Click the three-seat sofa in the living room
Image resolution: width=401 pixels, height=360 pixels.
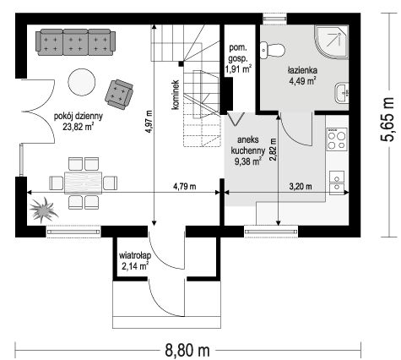(75, 42)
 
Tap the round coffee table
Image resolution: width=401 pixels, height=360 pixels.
(82, 82)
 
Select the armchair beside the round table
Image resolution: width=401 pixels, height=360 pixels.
(119, 94)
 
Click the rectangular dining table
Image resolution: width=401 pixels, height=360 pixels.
(83, 183)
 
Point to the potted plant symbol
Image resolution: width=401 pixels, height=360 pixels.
(44, 210)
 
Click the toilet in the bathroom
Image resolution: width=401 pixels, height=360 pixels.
(273, 51)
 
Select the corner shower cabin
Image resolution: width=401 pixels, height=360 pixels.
(332, 42)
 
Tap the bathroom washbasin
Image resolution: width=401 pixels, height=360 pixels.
(342, 93)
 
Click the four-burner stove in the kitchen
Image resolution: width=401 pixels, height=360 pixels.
(337, 139)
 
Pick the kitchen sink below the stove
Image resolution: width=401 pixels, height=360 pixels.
(337, 183)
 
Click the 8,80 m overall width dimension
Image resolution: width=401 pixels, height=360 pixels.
(187, 351)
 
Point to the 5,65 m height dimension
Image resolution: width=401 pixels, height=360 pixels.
(387, 119)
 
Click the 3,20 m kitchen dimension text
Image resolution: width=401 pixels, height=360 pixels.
(301, 187)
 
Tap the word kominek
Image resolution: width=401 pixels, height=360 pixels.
(176, 95)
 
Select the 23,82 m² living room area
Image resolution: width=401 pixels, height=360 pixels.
(78, 127)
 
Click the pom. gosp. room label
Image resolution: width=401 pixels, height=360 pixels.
(238, 53)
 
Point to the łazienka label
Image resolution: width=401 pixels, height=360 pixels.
(302, 70)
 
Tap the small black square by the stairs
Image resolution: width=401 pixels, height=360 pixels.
(182, 64)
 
